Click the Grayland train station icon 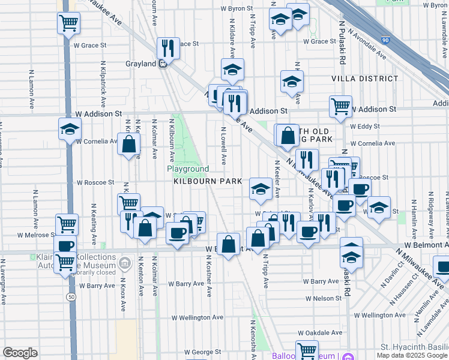[163, 64]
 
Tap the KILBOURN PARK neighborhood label [208, 181]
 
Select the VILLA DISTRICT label [364, 79]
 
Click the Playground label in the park [188, 169]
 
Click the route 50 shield [71, 297]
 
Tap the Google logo [20, 353]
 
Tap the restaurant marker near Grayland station [168, 48]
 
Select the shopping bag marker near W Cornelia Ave [128, 143]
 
